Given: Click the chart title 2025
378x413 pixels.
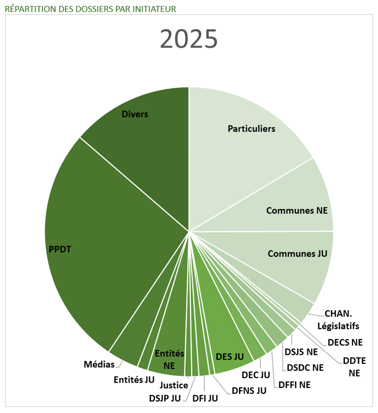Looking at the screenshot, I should pyautogui.click(x=189, y=39).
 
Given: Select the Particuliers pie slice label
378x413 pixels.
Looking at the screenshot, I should pyautogui.click(x=251, y=129).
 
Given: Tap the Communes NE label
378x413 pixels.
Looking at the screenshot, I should pyautogui.click(x=297, y=211).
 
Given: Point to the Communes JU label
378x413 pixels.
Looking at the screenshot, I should pyautogui.click(x=298, y=254).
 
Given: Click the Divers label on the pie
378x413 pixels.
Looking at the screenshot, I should pyautogui.click(x=135, y=114).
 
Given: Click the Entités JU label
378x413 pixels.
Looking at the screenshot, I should pyautogui.click(x=134, y=380).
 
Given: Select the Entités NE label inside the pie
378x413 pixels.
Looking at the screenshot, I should pyautogui.click(x=169, y=360).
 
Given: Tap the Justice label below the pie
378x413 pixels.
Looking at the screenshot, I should pyautogui.click(x=174, y=386).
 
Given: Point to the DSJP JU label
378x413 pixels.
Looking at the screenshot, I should pyautogui.click(x=165, y=398).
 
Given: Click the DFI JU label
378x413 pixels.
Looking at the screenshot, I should pyautogui.click(x=205, y=398).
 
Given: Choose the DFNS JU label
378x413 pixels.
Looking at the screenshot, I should pyautogui.click(x=249, y=390).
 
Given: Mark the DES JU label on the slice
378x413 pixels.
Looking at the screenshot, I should pyautogui.click(x=230, y=356).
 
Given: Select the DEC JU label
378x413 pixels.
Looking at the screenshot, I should pyautogui.click(x=256, y=375).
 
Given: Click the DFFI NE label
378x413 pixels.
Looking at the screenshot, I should pyautogui.click(x=295, y=385).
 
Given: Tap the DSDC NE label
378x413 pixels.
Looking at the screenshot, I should pyautogui.click(x=305, y=367).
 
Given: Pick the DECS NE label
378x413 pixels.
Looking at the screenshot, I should pyautogui.click(x=345, y=342).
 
